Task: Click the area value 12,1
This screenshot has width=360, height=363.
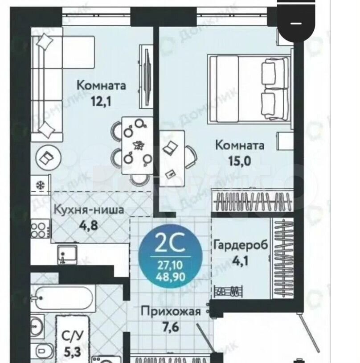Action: pyautogui.click(x=101, y=101)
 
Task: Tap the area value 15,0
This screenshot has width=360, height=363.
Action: pyautogui.click(x=239, y=161)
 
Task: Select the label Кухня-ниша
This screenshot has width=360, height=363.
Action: pyautogui.click(x=89, y=210)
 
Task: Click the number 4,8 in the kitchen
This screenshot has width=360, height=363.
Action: pyautogui.click(x=89, y=225)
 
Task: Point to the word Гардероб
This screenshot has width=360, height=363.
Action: pyautogui.click(x=241, y=245)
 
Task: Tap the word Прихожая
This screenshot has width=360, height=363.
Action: pyautogui.click(x=171, y=312)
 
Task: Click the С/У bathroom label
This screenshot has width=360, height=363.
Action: pyautogui.click(x=72, y=336)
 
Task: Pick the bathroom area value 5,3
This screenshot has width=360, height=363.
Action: pyautogui.click(x=72, y=352)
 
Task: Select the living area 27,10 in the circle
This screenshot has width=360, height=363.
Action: pyautogui.click(x=171, y=265)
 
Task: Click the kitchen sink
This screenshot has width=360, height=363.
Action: pyautogui.click(x=67, y=255)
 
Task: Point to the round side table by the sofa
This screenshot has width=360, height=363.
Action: pyautogui.click(x=49, y=158)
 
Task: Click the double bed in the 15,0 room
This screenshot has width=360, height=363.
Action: pyautogui.click(x=249, y=88)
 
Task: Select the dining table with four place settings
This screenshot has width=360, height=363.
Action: pyautogui.click(x=137, y=146)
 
